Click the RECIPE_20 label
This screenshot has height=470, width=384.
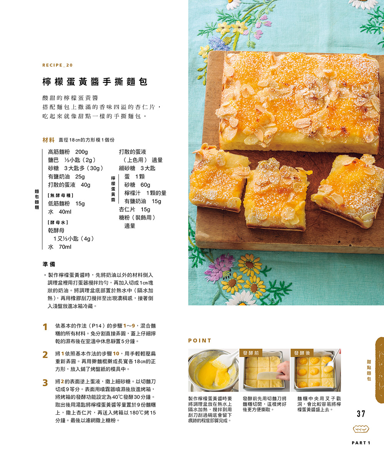(x=58, y=65)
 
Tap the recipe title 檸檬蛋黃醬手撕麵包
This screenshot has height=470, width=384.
(x=95, y=81)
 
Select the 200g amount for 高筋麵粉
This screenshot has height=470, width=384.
(x=81, y=152)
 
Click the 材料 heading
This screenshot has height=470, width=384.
(x=48, y=140)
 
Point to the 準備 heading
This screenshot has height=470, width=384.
(x=49, y=264)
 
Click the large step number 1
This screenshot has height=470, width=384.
(x=45, y=327)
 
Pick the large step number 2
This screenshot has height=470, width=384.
(x=45, y=354)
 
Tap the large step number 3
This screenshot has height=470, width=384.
(x=45, y=382)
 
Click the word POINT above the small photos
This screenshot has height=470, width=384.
(x=200, y=341)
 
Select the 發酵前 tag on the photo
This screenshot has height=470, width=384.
(x=251, y=353)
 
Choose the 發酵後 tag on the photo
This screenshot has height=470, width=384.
(x=302, y=353)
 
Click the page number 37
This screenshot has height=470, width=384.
(x=361, y=414)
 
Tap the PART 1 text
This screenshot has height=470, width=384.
(x=361, y=443)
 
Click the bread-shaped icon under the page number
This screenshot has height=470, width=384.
(x=361, y=429)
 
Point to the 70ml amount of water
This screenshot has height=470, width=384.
(x=65, y=247)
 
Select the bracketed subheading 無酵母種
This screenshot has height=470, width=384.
(x=60, y=195)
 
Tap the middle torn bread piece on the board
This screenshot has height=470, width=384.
(x=277, y=194)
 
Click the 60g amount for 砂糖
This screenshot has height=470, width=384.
(x=145, y=185)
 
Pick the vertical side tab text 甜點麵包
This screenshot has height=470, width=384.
(x=369, y=371)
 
